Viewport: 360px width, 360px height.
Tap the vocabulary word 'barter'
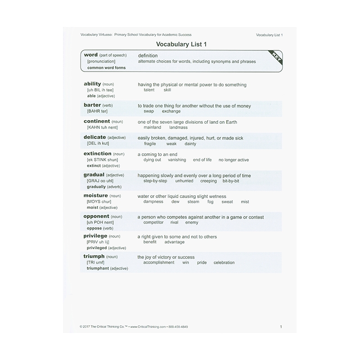point(92,105)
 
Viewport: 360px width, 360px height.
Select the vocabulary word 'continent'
point(97,121)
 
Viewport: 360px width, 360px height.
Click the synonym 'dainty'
point(190,144)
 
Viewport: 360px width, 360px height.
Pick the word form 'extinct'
point(94,166)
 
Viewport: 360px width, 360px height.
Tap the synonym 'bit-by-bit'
point(231,181)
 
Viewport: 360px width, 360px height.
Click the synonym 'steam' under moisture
point(193,202)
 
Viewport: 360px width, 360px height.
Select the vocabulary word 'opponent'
point(97,216)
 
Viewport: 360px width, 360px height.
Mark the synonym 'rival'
point(174,222)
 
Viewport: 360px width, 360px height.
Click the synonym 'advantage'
point(175,242)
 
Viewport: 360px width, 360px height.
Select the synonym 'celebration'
point(224,262)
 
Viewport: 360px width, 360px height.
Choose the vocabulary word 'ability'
point(92,84)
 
